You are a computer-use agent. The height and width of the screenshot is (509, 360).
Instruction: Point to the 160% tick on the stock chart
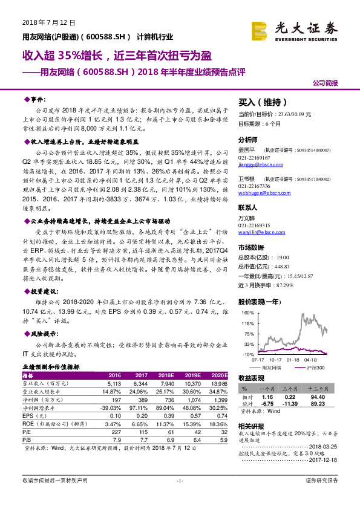point(247,313)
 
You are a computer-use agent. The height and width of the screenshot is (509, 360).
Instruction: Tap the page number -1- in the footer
point(179,498)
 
